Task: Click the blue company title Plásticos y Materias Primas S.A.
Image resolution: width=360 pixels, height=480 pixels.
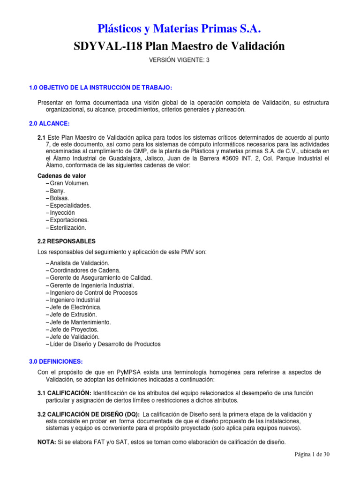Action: pyautogui.click(x=180, y=29)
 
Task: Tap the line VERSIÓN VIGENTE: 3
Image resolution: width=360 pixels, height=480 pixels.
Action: pyautogui.click(x=180, y=60)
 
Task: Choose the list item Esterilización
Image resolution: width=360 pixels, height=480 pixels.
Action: pyautogui.click(x=67, y=228)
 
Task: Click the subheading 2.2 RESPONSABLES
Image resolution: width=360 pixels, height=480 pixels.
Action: pyautogui.click(x=66, y=241)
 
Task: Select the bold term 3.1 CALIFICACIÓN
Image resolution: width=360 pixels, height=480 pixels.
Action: pyautogui.click(x=64, y=393)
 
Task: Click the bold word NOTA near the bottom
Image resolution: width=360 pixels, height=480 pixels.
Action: pyautogui.click(x=46, y=442)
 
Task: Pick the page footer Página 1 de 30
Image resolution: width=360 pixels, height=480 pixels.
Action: pyautogui.click(x=312, y=455)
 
